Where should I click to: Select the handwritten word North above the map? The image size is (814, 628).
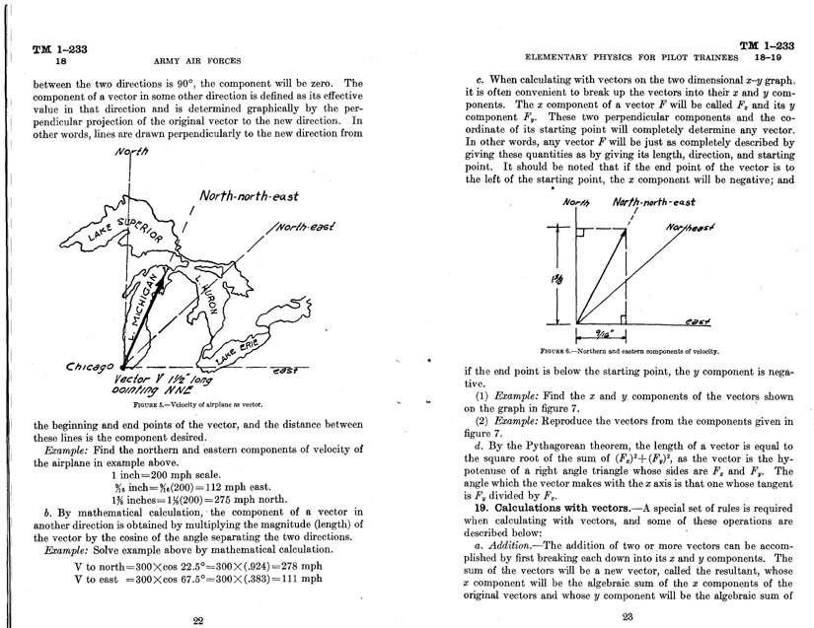[x=130, y=152]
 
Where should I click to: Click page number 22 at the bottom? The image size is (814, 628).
[x=196, y=619]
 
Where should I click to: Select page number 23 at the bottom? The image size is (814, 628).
[x=628, y=617]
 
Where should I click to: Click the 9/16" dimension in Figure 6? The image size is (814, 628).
[x=596, y=333]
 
